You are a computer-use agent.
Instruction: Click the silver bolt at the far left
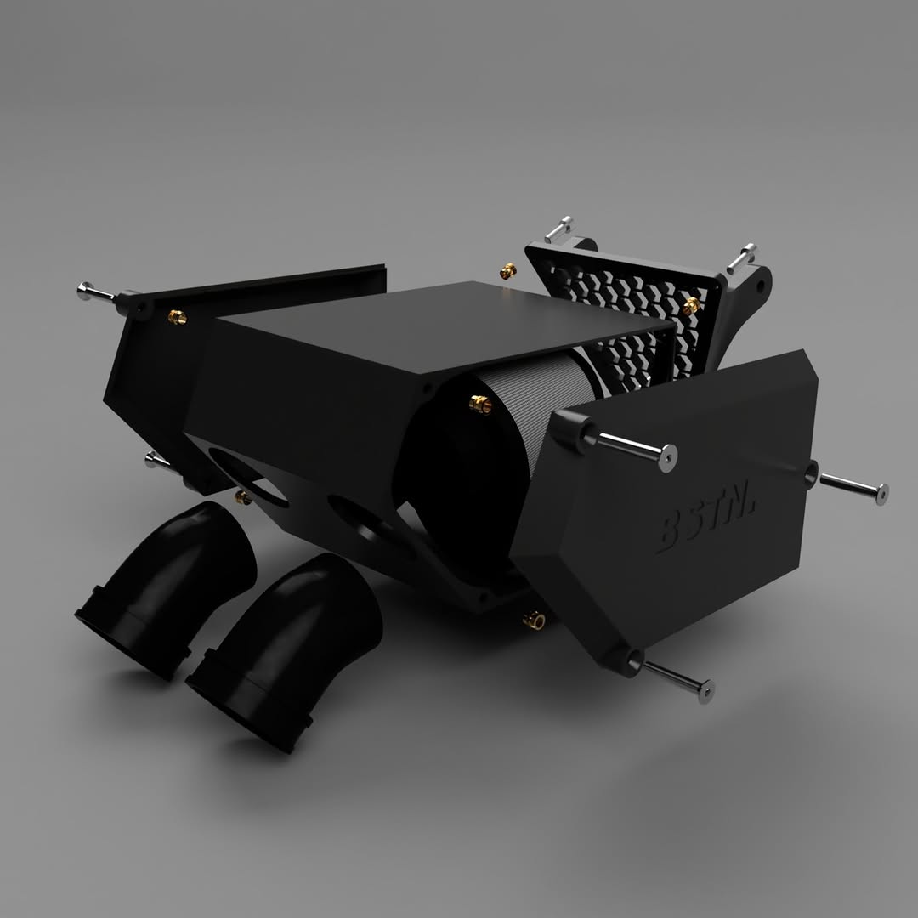95,292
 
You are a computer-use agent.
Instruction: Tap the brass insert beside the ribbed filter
480,404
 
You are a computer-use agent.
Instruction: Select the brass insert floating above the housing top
507,271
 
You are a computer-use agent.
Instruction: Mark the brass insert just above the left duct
243,496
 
